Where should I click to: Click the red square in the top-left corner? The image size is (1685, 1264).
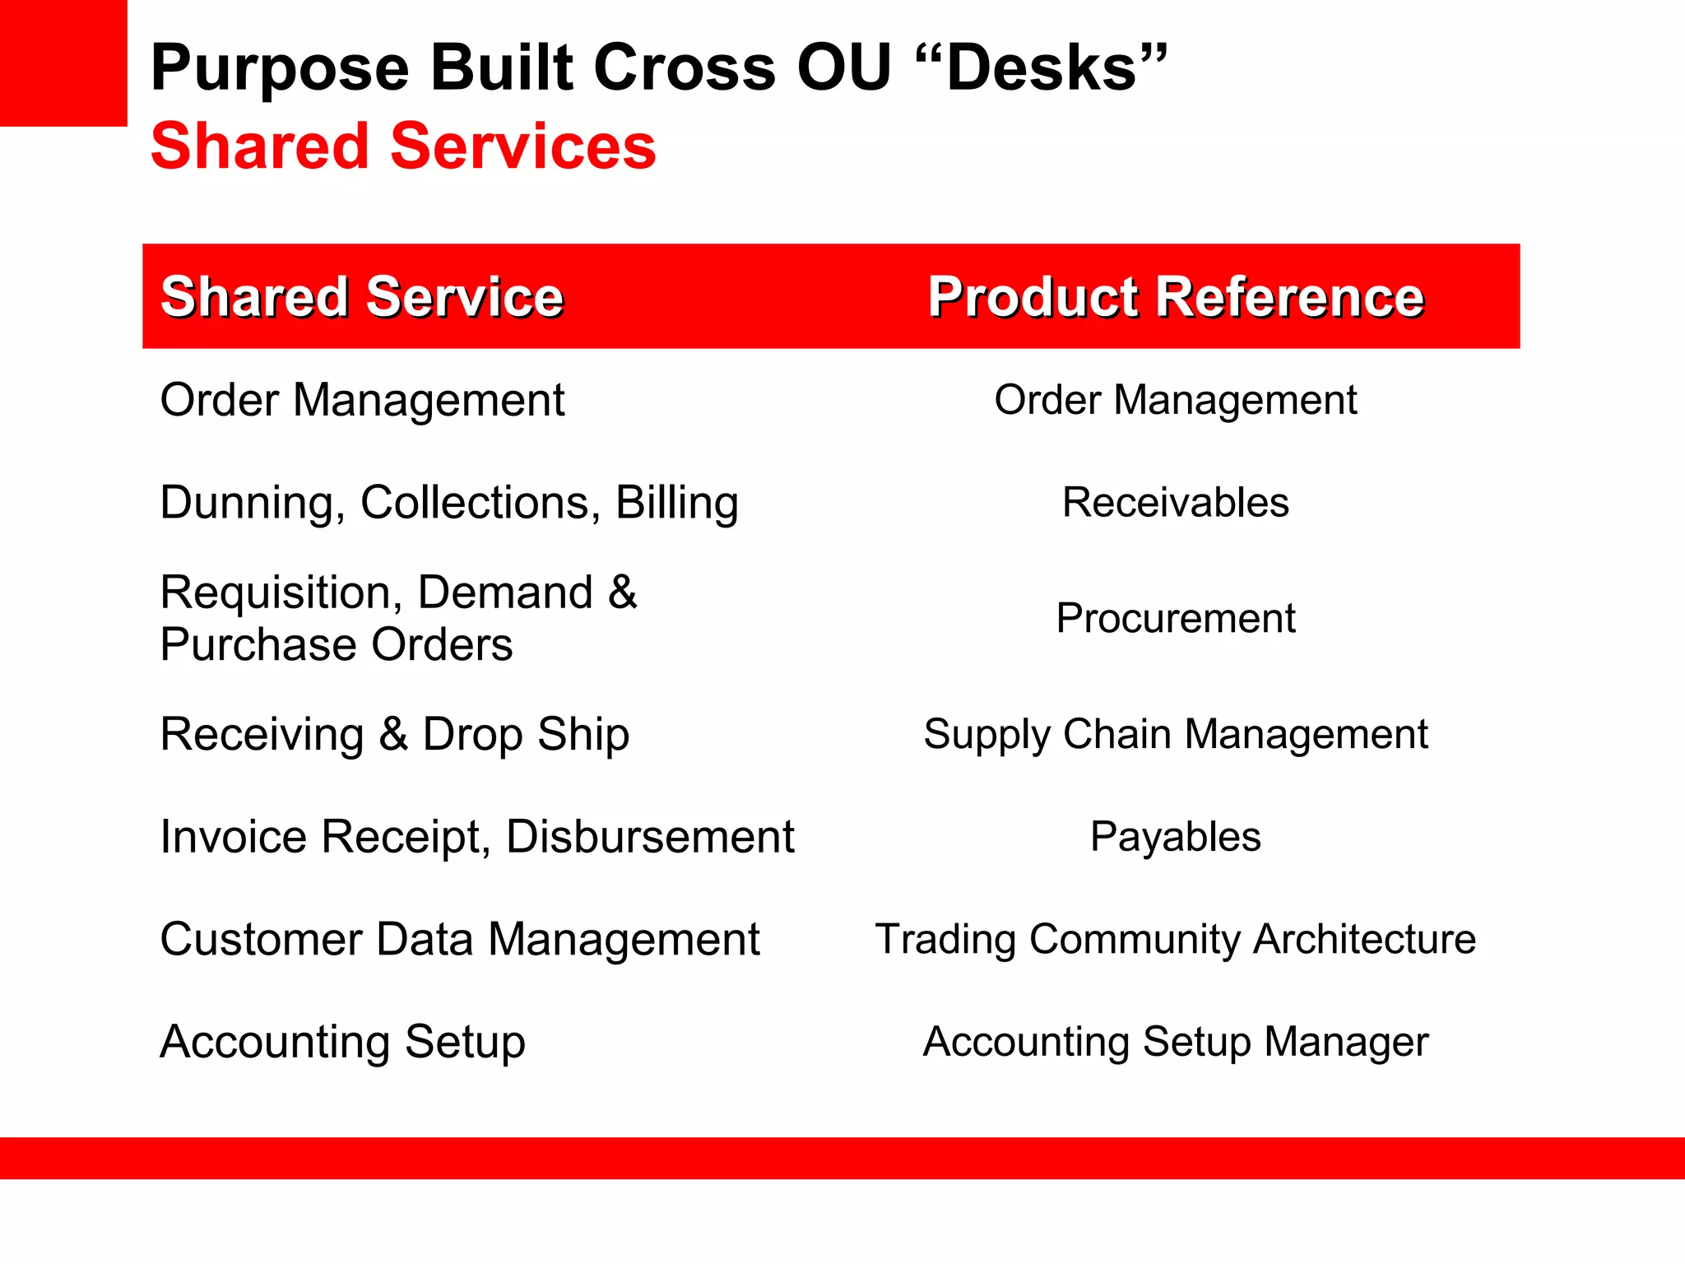63,63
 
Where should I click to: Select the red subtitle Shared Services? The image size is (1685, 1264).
403,146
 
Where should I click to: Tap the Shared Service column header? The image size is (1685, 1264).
362,296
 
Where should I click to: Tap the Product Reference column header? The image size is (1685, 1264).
1175,296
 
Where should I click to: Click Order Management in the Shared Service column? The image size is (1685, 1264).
362,401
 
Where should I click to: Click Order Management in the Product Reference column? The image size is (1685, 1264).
1175,401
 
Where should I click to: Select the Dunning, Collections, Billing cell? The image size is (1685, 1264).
448,503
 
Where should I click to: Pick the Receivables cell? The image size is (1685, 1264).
1175,503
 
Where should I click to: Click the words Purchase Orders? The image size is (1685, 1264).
336,644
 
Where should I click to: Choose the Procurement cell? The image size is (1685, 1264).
1175,618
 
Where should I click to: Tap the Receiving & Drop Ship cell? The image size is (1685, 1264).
394,734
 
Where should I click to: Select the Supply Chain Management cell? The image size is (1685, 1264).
1175,734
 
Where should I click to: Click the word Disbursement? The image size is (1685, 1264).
650,837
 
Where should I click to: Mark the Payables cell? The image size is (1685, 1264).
1175,837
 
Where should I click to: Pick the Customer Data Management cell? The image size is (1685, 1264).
459,940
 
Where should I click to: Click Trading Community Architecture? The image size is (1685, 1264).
1175,940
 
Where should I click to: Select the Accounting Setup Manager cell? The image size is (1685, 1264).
1175,1042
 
